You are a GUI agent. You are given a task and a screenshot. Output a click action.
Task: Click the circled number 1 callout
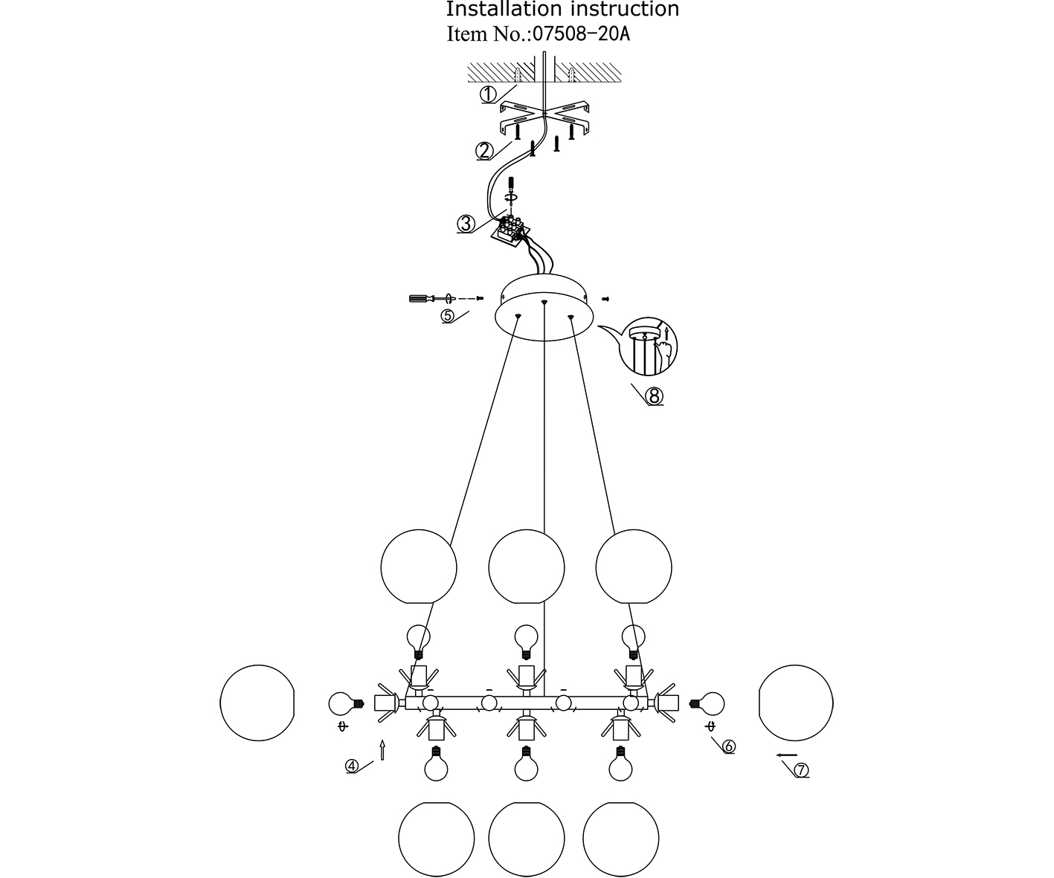488,94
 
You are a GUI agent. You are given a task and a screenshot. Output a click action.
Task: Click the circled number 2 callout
484,151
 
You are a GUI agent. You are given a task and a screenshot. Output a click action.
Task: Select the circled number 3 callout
466,224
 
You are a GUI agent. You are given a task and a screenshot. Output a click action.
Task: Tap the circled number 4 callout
353,766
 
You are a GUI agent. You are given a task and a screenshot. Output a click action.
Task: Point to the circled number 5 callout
447,315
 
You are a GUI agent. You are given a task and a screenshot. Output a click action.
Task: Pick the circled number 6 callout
727,746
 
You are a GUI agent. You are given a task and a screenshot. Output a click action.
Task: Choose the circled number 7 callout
801,770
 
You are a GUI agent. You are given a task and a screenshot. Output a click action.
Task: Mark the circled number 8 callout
655,396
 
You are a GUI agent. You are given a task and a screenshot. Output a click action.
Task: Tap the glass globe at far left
257,703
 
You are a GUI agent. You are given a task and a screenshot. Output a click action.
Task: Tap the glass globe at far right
796,703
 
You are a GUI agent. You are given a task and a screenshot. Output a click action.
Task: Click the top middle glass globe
527,567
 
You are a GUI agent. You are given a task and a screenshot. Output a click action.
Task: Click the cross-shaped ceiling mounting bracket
545,114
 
